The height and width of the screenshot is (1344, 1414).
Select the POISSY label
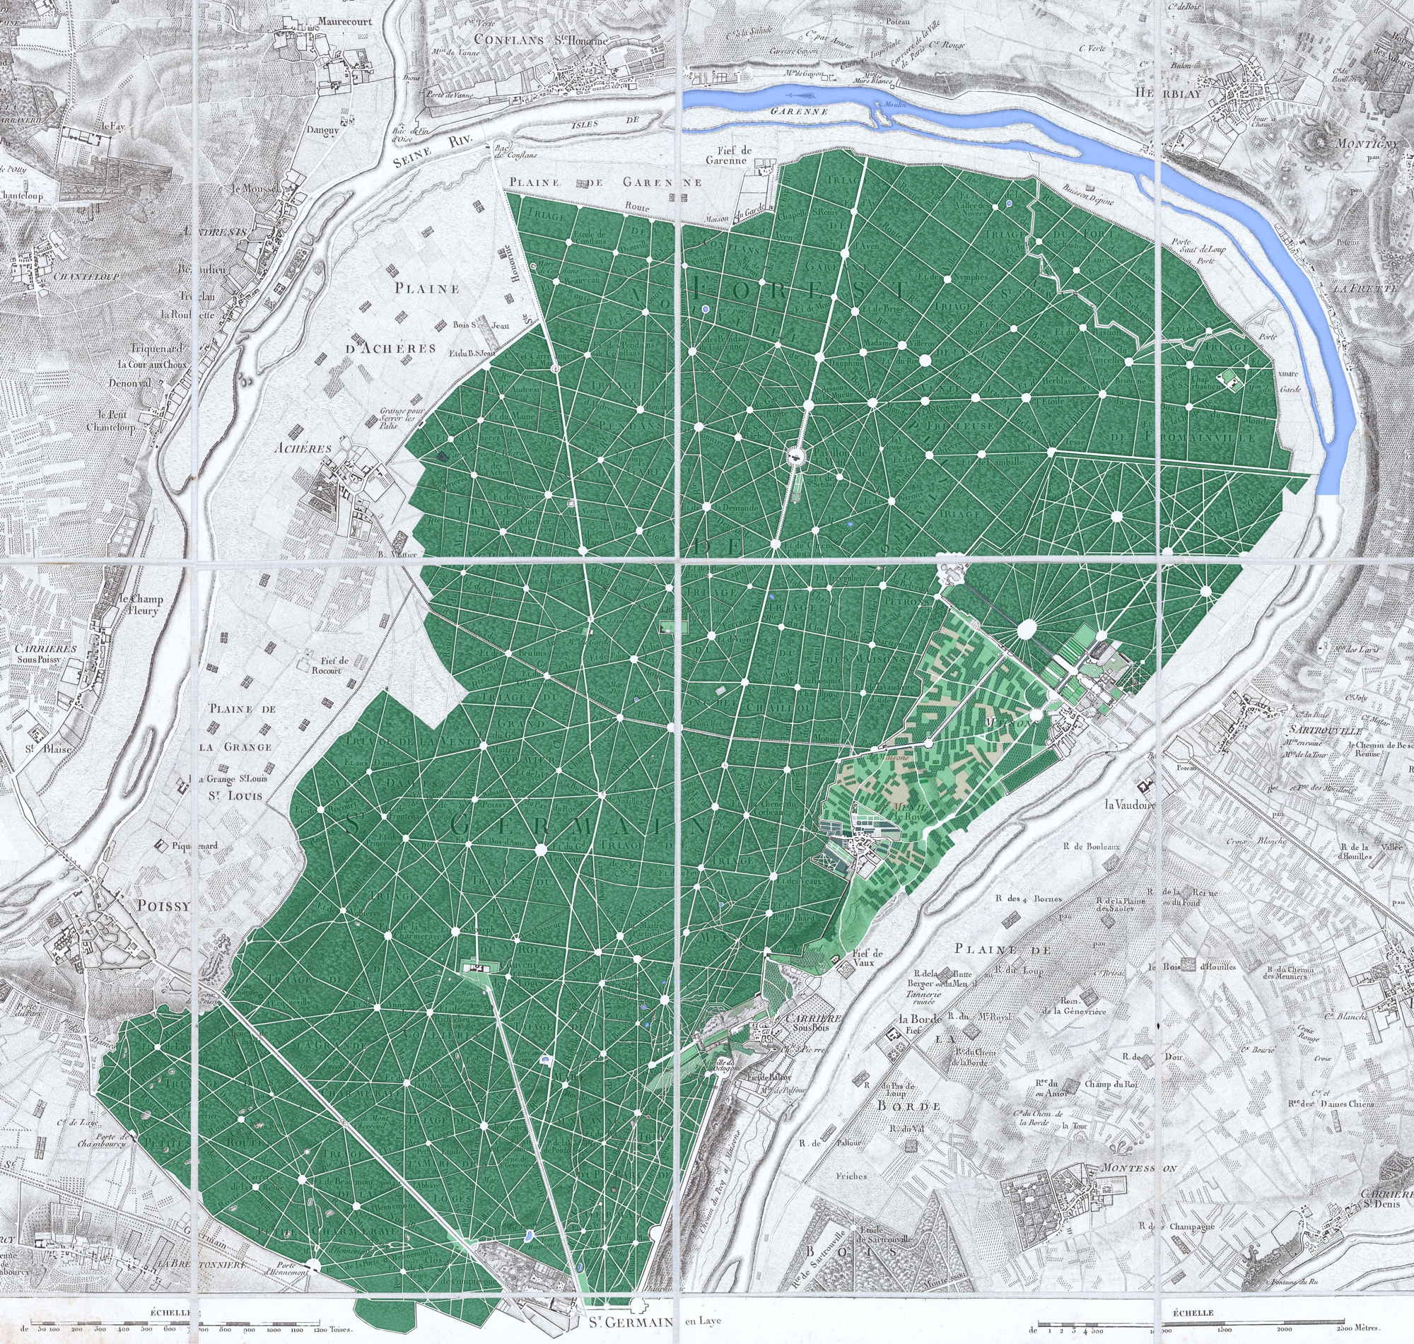(x=164, y=906)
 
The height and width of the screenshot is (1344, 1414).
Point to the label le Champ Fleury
(x=141, y=605)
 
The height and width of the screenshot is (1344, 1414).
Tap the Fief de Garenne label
(x=738, y=156)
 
